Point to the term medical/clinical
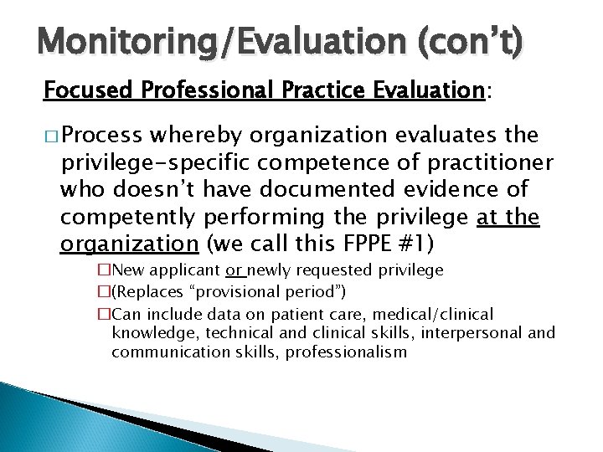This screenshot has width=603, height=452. coord(435,314)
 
